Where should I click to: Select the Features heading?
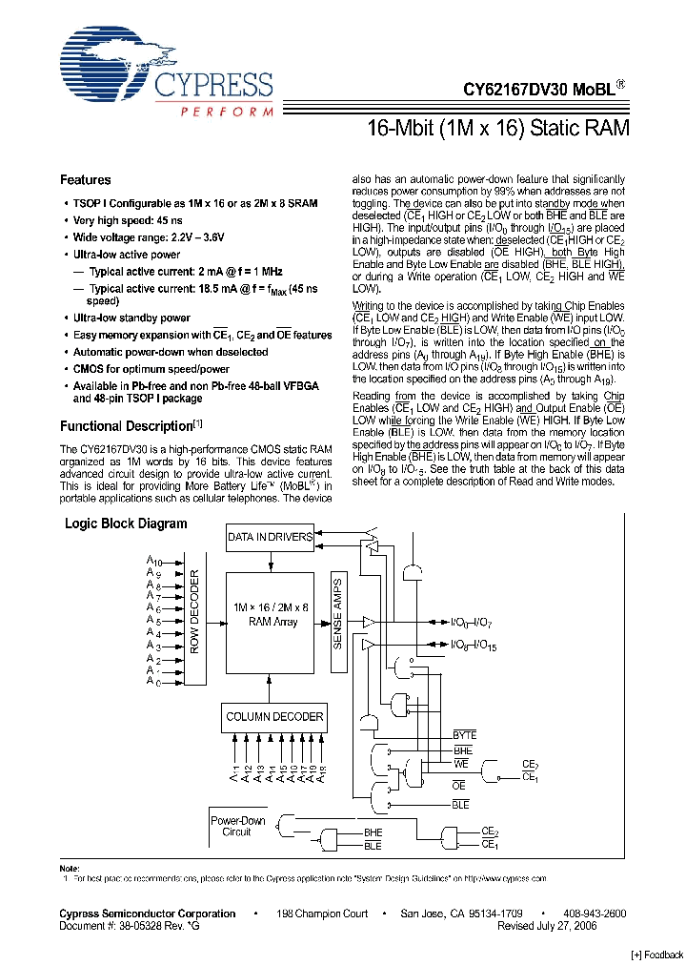pyautogui.click(x=86, y=180)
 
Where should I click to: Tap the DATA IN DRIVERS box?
pyautogui.click(x=270, y=537)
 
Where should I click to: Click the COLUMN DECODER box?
pyautogui.click(x=273, y=716)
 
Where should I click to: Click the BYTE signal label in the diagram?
pyautogui.click(x=464, y=735)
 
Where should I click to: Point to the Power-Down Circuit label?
pyautogui.click(x=237, y=826)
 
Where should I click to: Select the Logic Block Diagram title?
pyautogui.click(x=126, y=524)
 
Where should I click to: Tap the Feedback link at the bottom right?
pyautogui.click(x=657, y=955)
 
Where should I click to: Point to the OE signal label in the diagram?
pyautogui.click(x=458, y=785)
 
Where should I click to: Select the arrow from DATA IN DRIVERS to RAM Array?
pyautogui.click(x=270, y=560)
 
